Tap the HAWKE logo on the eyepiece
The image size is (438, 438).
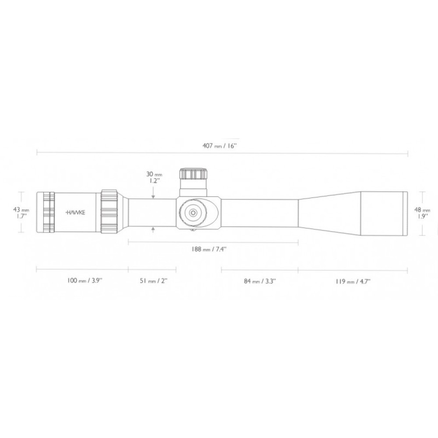tap(76, 212)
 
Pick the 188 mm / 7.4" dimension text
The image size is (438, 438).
tap(211, 249)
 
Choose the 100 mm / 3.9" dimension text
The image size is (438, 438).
tap(85, 281)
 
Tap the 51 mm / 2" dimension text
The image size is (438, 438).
tap(153, 281)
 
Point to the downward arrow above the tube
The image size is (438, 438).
tap(152, 196)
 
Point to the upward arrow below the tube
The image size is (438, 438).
tap(152, 229)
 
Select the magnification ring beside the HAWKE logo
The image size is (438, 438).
tap(109, 212)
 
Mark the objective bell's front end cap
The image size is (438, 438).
tap(406, 212)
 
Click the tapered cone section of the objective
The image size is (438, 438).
tap(328, 212)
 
